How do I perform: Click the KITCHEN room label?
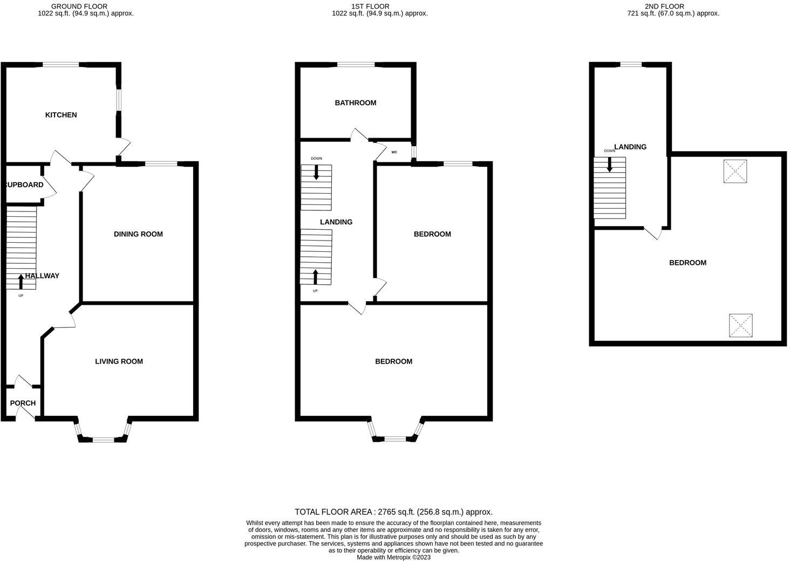pos(61,114)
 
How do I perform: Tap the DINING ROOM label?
pos(138,234)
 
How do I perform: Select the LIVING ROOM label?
pos(119,361)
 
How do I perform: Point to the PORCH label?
pos(23,402)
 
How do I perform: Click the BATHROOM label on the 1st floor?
pos(356,102)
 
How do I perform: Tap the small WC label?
pos(394,152)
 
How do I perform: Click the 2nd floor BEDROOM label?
pos(687,262)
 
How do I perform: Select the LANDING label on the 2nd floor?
pos(630,147)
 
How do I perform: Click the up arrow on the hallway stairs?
pos(21,282)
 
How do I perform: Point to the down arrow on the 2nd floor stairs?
pos(609,165)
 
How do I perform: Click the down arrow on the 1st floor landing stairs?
pos(316,173)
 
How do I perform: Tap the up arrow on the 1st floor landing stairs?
pos(315,277)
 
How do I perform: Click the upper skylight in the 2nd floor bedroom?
pos(735,172)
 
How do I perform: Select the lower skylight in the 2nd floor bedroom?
pos(740,325)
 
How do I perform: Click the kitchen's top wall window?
pos(60,65)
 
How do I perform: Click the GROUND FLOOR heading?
pos(79,6)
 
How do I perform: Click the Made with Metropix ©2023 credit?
pos(393,557)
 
